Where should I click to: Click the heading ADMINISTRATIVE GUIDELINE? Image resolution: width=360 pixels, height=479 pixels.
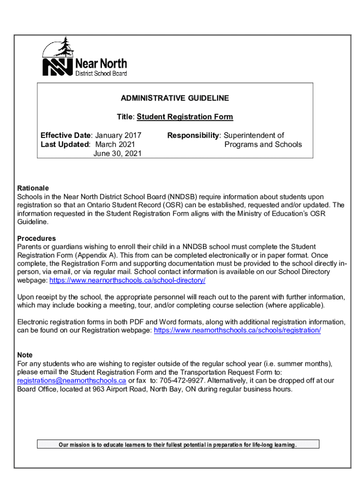point(175,98)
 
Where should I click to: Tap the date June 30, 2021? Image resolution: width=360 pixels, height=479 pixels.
point(117,153)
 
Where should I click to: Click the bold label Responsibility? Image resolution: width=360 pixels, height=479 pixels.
point(193,136)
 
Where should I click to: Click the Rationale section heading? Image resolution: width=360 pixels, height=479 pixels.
point(33,188)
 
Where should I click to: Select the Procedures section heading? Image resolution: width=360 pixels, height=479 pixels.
point(36,238)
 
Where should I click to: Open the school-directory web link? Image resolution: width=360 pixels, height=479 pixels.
point(127,280)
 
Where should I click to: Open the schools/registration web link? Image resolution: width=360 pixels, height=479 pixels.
point(237,330)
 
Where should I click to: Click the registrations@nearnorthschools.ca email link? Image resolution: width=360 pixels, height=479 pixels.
point(72,381)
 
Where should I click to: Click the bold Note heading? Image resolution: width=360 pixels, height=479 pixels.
point(25,355)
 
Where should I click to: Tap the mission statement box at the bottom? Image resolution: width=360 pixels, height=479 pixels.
point(178,444)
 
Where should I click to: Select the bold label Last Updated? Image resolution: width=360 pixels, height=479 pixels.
point(65,145)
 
